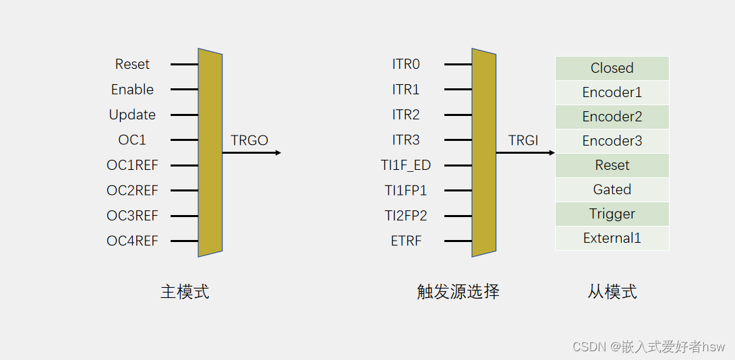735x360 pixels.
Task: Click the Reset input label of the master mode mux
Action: coord(132,64)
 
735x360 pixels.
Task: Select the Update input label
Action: coord(132,115)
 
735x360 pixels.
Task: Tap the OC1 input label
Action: coord(132,140)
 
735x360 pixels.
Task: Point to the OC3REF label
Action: coord(132,216)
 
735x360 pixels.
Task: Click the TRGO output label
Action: coord(249,140)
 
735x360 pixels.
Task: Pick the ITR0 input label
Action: coord(406,64)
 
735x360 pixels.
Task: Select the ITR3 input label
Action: coord(406,140)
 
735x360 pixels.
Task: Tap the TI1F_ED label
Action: coord(406,165)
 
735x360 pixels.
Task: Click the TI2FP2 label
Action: coord(406,216)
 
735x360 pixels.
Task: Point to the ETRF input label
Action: coord(406,241)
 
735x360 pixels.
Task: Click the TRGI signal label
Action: coord(523,140)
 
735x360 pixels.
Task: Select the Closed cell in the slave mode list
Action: coord(612,68)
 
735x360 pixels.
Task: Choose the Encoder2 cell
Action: coord(612,117)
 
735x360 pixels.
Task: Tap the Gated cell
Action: coord(612,189)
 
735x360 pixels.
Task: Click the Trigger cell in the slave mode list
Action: coord(612,214)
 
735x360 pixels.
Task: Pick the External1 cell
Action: coord(612,238)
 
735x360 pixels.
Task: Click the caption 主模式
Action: coord(185,292)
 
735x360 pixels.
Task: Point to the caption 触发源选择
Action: coord(459,292)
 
